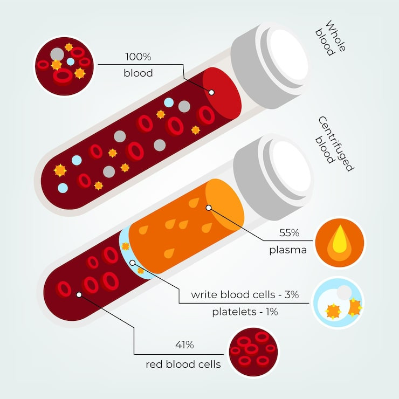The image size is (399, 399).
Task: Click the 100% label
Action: pyautogui.click(x=138, y=57)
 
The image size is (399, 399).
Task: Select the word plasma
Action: pyautogui.click(x=288, y=250)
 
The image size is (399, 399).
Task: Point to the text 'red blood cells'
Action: pyautogui.click(x=183, y=364)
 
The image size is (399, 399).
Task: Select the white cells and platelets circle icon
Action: pyautogui.click(x=339, y=303)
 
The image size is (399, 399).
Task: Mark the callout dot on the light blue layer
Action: pyautogui.click(x=133, y=262)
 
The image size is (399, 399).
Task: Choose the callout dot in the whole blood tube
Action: pyautogui.click(x=211, y=93)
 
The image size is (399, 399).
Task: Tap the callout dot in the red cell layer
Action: pyautogui.click(x=79, y=294)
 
